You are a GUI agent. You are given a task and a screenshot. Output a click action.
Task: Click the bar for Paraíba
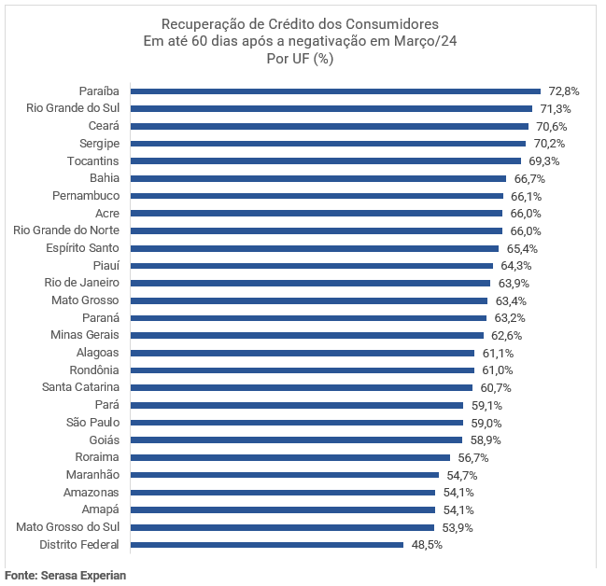(335, 91)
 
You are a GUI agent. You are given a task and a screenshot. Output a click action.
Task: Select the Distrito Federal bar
(267, 545)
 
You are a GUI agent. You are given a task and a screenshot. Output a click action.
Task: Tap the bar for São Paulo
(296, 423)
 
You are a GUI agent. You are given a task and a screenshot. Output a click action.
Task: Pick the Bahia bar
(318, 178)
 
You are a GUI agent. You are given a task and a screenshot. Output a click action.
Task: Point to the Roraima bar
(290, 457)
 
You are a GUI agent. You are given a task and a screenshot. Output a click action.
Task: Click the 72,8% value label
(564, 91)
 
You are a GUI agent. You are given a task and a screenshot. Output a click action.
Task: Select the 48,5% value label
(427, 545)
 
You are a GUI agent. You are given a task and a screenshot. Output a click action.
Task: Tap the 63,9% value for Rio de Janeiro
(514, 283)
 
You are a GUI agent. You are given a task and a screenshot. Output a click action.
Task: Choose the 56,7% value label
(473, 457)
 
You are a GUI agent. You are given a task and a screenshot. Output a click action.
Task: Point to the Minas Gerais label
(85, 335)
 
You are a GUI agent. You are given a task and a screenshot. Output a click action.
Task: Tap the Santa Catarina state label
(80, 387)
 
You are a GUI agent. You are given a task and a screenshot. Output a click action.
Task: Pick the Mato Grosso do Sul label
(68, 527)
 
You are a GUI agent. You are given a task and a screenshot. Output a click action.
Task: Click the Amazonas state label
(92, 492)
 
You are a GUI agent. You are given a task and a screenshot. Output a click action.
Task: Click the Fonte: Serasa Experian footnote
(65, 576)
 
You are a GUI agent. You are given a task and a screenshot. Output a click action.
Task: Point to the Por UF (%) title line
(300, 59)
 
